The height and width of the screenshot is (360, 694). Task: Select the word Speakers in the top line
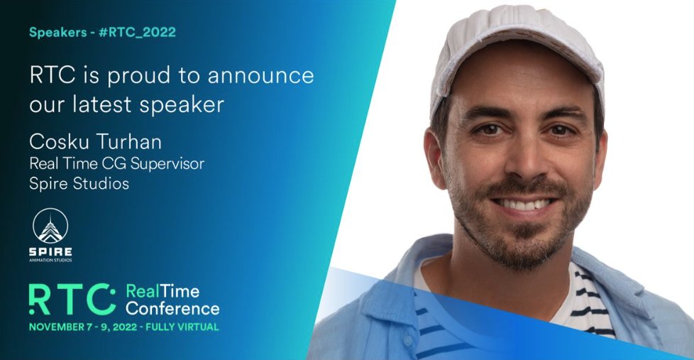[60, 32]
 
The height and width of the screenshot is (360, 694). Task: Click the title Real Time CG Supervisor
[116, 163]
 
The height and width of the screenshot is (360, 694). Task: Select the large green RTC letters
[72, 298]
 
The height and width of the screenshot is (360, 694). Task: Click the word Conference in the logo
[172, 308]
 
